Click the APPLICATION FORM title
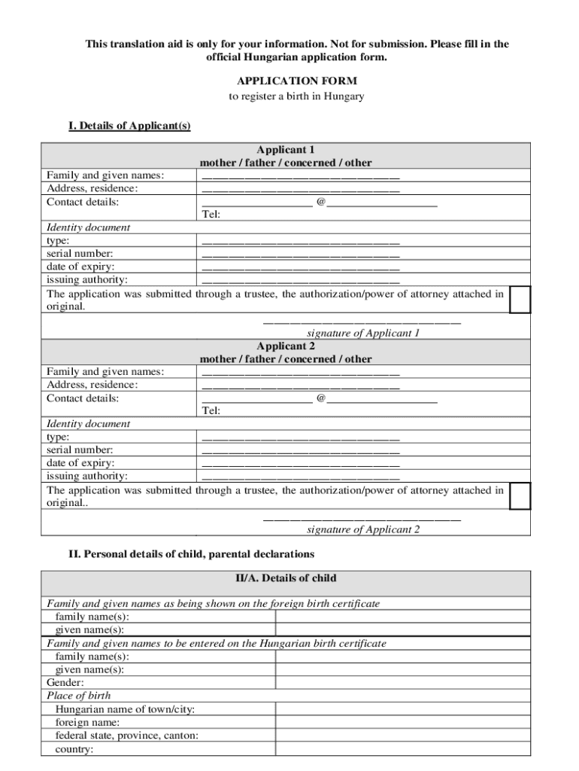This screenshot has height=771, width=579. pyautogui.click(x=296, y=81)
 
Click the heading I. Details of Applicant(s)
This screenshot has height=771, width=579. pyautogui.click(x=129, y=126)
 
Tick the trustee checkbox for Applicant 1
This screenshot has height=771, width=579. pyautogui.click(x=520, y=299)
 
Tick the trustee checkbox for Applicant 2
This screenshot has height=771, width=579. pyautogui.click(x=520, y=495)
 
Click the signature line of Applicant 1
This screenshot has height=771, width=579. pyautogui.click(x=361, y=322)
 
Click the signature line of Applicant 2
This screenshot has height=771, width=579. pyautogui.click(x=361, y=519)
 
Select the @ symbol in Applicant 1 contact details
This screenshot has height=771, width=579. pyautogui.click(x=321, y=202)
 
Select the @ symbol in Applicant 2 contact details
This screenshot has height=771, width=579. pyautogui.click(x=321, y=398)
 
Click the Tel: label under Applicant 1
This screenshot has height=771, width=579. pyautogui.click(x=211, y=215)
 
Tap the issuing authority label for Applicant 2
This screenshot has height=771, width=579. pyautogui.click(x=87, y=476)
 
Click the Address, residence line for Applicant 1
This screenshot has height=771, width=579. pyautogui.click(x=301, y=190)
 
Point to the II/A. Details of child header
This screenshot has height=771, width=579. pyautogui.click(x=286, y=578)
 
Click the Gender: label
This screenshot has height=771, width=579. pyautogui.click(x=65, y=682)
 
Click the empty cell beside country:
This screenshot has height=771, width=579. pyautogui.click(x=402, y=749)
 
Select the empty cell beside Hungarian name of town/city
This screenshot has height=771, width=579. pyautogui.click(x=402, y=709)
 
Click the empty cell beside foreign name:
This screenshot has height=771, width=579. pyautogui.click(x=402, y=723)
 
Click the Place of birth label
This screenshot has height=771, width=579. pyautogui.click(x=79, y=695)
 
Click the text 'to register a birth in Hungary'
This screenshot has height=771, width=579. pyautogui.click(x=296, y=96)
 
